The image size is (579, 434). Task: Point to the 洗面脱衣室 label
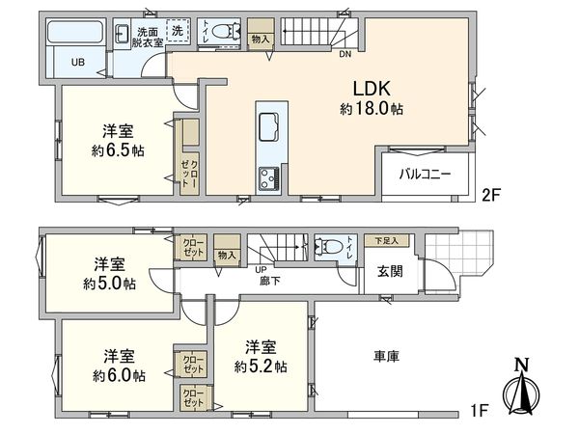pos(148,38)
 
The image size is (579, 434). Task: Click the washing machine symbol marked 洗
pos(177,31)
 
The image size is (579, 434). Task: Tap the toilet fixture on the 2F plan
pos(224,31)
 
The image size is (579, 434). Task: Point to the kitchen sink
pos(267,126)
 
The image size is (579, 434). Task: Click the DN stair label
pos(345,54)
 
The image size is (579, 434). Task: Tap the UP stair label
pos(262,270)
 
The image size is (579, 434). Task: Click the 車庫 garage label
pos(386,356)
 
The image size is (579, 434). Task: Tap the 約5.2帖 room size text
pos(261,366)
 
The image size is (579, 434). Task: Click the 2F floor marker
pos(491,193)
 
